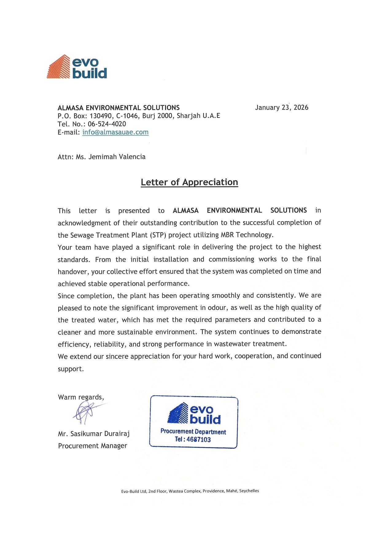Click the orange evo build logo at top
coord(77,67)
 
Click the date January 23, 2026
coord(281,107)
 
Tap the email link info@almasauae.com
coord(115,132)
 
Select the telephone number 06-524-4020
coord(107,124)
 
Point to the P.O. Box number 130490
coord(101,116)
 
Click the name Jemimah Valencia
coord(117,157)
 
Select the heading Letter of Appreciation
coord(189,182)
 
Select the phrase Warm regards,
coord(81,397)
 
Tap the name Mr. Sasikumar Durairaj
coord(94,434)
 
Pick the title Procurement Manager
coord(92,446)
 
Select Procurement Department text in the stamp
coord(193,432)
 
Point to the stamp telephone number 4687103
coord(199,439)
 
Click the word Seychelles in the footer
coord(249,491)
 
